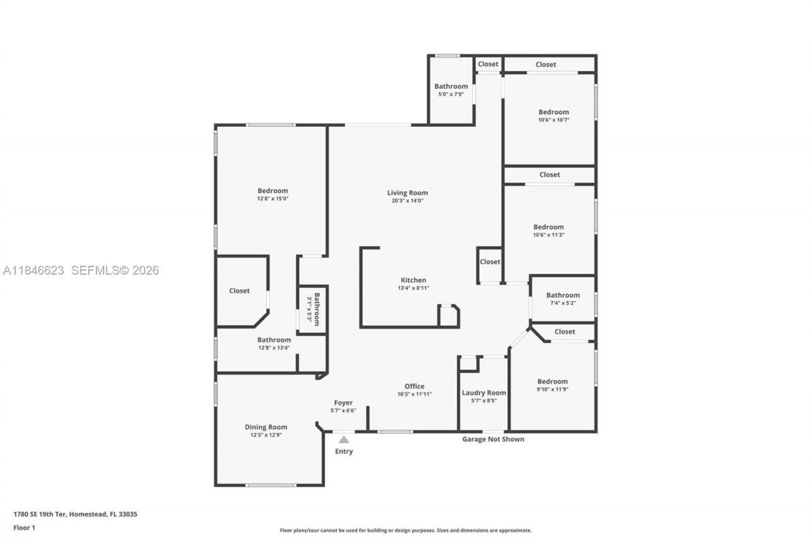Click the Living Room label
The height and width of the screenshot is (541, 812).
(x=407, y=193)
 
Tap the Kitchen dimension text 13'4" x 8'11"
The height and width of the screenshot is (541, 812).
(x=413, y=289)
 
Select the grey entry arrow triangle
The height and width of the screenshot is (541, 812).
(x=343, y=439)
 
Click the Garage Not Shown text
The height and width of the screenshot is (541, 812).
(x=493, y=439)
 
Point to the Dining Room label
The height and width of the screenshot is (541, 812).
(x=266, y=427)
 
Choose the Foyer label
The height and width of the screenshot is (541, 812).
(x=343, y=403)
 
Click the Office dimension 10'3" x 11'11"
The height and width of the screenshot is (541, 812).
(x=414, y=394)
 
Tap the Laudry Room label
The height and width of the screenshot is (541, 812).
(x=483, y=393)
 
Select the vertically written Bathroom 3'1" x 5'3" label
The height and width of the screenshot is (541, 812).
(x=313, y=309)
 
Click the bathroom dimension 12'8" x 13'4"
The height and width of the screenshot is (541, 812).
(x=274, y=348)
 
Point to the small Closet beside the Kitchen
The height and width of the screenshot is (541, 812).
(x=490, y=262)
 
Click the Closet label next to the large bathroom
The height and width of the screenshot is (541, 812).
(x=239, y=290)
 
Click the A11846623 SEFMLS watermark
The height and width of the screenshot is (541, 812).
(x=81, y=270)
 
